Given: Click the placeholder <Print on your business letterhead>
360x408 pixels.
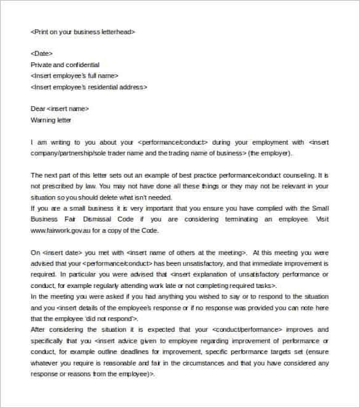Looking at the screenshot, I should (x=83, y=32).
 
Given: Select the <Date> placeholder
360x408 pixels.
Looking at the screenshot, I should (x=41, y=54).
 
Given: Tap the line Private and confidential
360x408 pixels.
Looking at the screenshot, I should (x=65, y=65).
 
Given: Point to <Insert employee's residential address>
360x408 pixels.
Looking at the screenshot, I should (x=89, y=87).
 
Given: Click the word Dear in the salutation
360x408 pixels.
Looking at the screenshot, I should (x=38, y=109).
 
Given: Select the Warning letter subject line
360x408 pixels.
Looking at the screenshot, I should (x=50, y=120).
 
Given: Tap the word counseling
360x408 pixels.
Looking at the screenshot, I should (x=296, y=175).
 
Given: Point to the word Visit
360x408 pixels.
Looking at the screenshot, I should (x=322, y=220).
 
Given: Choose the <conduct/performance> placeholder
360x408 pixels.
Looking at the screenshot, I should (x=247, y=329).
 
